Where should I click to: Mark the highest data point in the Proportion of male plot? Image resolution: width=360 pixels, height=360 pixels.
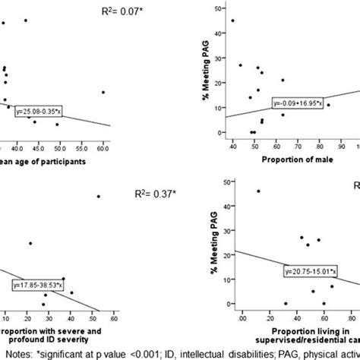232,21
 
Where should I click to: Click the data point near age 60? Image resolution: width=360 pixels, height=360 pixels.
103,92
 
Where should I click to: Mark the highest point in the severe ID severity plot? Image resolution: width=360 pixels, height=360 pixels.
98,196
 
